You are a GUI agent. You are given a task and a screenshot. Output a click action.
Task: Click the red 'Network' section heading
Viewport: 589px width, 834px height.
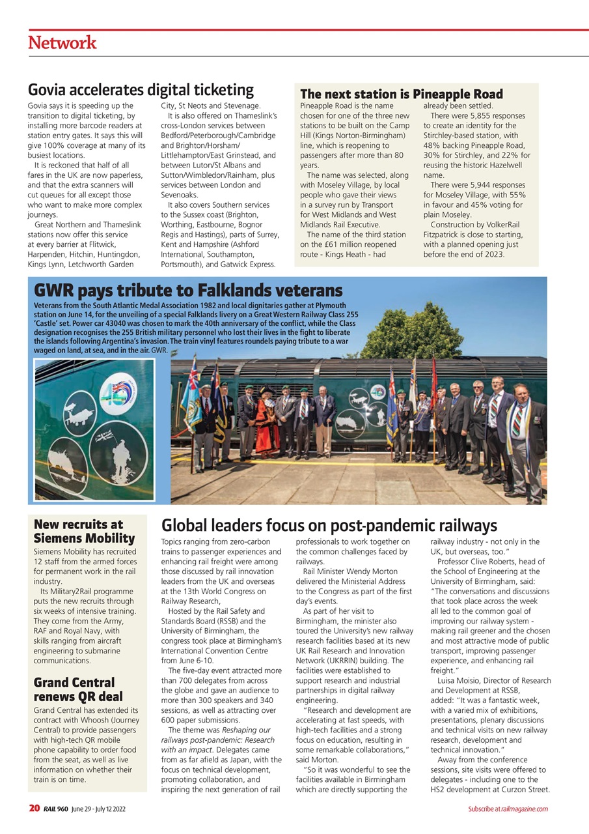pos(62,43)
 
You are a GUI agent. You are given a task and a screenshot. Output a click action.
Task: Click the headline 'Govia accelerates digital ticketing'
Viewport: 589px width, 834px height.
pos(141,90)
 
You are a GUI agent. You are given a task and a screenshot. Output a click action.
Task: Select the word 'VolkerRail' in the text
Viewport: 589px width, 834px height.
pos(505,225)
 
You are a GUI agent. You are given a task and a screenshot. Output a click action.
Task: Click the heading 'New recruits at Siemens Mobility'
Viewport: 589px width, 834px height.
pos(84,531)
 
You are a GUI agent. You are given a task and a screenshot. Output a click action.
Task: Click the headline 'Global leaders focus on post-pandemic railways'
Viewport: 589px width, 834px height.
pos(329,525)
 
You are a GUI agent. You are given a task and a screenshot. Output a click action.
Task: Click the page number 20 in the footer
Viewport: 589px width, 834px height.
pos(34,809)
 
